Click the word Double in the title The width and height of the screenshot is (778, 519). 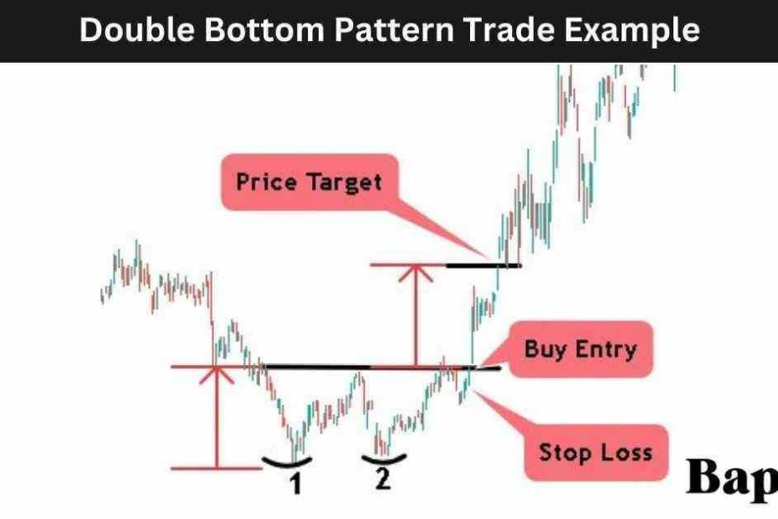click(x=137, y=29)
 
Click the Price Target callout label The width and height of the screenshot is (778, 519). click(x=310, y=182)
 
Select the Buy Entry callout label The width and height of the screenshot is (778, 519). click(x=581, y=349)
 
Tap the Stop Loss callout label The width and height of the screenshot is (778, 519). click(x=596, y=452)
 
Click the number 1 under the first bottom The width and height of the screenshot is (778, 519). click(x=295, y=484)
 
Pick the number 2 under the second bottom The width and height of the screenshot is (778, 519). click(x=382, y=479)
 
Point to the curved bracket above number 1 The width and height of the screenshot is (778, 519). click(x=287, y=464)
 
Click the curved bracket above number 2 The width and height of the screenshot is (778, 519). click(x=384, y=460)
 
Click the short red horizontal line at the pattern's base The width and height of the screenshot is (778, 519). click(x=217, y=468)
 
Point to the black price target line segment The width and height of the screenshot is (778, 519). click(x=484, y=265)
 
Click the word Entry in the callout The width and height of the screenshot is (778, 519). click(x=606, y=350)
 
